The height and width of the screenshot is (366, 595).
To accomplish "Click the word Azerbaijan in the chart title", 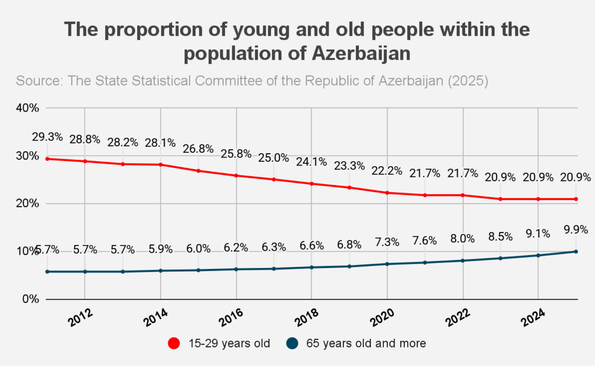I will click(x=361, y=53).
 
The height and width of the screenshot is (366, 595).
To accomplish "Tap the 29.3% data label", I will click(x=47, y=137).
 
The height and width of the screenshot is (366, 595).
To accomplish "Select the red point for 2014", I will click(x=160, y=165).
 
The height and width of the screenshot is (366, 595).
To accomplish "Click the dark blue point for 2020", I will click(x=387, y=264).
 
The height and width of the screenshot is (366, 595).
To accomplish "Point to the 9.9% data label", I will click(x=576, y=229).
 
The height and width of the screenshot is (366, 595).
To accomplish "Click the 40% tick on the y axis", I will click(x=27, y=108).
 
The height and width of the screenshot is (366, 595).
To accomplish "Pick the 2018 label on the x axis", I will click(x=307, y=318).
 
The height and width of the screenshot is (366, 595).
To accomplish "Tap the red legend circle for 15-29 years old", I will click(x=174, y=343).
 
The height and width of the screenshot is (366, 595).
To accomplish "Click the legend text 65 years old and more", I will click(x=366, y=343).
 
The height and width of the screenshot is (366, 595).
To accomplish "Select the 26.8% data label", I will click(x=198, y=149).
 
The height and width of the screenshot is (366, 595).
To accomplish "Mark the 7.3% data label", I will click(x=387, y=242).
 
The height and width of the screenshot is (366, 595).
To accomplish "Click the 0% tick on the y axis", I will click(x=30, y=299).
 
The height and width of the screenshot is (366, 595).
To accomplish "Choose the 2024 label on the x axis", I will click(x=533, y=318).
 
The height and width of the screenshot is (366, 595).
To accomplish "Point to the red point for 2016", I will click(x=236, y=175).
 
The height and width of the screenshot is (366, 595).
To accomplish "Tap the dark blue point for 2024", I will click(x=538, y=256).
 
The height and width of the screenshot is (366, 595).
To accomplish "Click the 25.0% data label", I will click(x=273, y=158).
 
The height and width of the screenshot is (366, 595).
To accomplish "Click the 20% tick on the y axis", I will click(x=27, y=203).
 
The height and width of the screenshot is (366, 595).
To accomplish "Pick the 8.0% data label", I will click(x=462, y=239).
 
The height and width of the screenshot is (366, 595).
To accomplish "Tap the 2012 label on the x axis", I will click(x=80, y=318).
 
